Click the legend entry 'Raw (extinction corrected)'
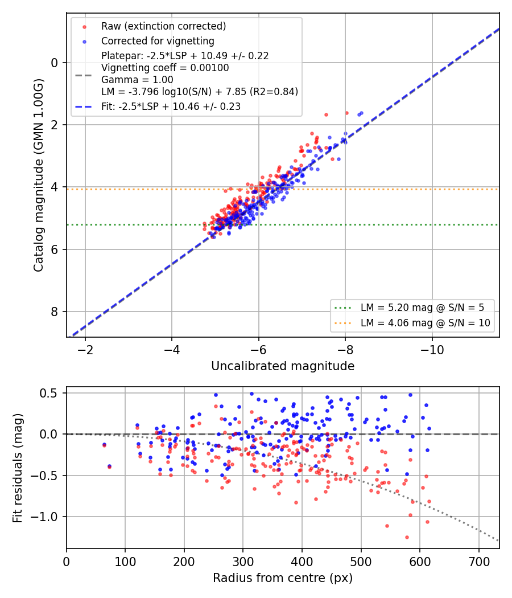click(163, 26)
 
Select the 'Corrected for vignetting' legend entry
click(158, 41)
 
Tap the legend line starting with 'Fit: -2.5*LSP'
click(171, 107)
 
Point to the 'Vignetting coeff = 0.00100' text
click(165, 68)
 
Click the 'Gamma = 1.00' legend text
click(137, 80)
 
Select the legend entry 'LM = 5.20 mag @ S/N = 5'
click(422, 308)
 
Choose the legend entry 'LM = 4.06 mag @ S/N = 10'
click(425, 323)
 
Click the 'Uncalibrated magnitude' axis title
click(283, 366)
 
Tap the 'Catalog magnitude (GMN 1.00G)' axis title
click(39, 175)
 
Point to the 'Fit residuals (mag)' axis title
click(18, 468)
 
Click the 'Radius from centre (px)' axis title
click(283, 578)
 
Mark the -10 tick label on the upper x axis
click(432, 350)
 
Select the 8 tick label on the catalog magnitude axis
click(55, 312)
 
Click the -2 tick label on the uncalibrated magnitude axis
click(85, 350)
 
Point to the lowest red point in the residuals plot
click(407, 538)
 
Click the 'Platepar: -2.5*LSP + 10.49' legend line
click(185, 56)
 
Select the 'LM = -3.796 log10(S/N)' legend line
click(200, 92)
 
